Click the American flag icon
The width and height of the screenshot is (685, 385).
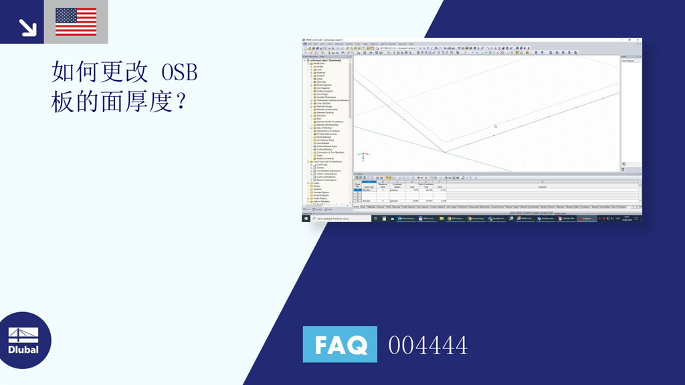point(76,21)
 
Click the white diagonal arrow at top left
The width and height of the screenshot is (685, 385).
point(27,27)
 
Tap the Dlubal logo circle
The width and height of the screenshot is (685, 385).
point(24,340)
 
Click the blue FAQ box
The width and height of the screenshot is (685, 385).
point(340,345)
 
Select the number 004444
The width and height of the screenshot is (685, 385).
point(427,346)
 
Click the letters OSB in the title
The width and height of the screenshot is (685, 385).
point(180,72)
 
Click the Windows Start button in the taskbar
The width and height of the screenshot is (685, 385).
point(306,219)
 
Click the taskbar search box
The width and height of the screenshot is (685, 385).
point(341,219)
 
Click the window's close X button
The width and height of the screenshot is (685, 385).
point(639,40)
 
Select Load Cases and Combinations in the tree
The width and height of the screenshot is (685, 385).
point(328,161)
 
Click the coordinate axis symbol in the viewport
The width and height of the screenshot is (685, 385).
point(362,156)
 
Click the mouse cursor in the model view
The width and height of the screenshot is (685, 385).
point(495,126)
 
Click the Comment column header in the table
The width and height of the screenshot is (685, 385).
point(542,186)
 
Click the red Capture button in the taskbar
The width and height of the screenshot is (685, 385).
point(586,219)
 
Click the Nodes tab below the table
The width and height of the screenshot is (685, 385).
point(357,207)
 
